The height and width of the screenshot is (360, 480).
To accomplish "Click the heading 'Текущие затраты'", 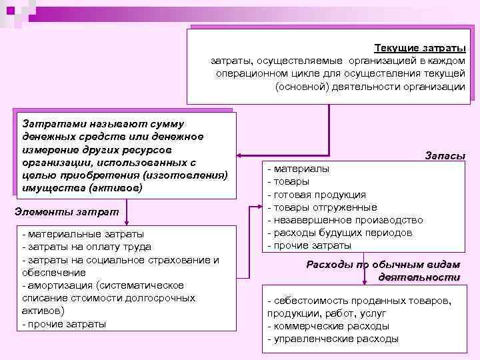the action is [420, 48].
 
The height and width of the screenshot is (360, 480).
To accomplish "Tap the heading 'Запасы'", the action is [445, 155].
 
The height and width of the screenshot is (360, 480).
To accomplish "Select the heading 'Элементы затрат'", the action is [66, 211].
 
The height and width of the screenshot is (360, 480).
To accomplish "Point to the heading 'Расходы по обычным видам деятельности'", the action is [383, 270].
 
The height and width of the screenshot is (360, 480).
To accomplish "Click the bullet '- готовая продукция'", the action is [316, 195].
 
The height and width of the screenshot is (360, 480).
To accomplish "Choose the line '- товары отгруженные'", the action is [322, 207].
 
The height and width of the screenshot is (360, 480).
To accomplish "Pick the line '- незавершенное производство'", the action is [345, 220].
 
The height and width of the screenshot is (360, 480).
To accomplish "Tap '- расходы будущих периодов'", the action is [339, 233].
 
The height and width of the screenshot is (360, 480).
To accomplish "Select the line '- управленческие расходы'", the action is [333, 339].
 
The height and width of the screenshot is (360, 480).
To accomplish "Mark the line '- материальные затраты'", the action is [83, 234].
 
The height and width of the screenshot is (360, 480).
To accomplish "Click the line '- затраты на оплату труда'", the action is [87, 247].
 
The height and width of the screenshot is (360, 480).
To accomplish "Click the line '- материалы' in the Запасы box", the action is [297, 169].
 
